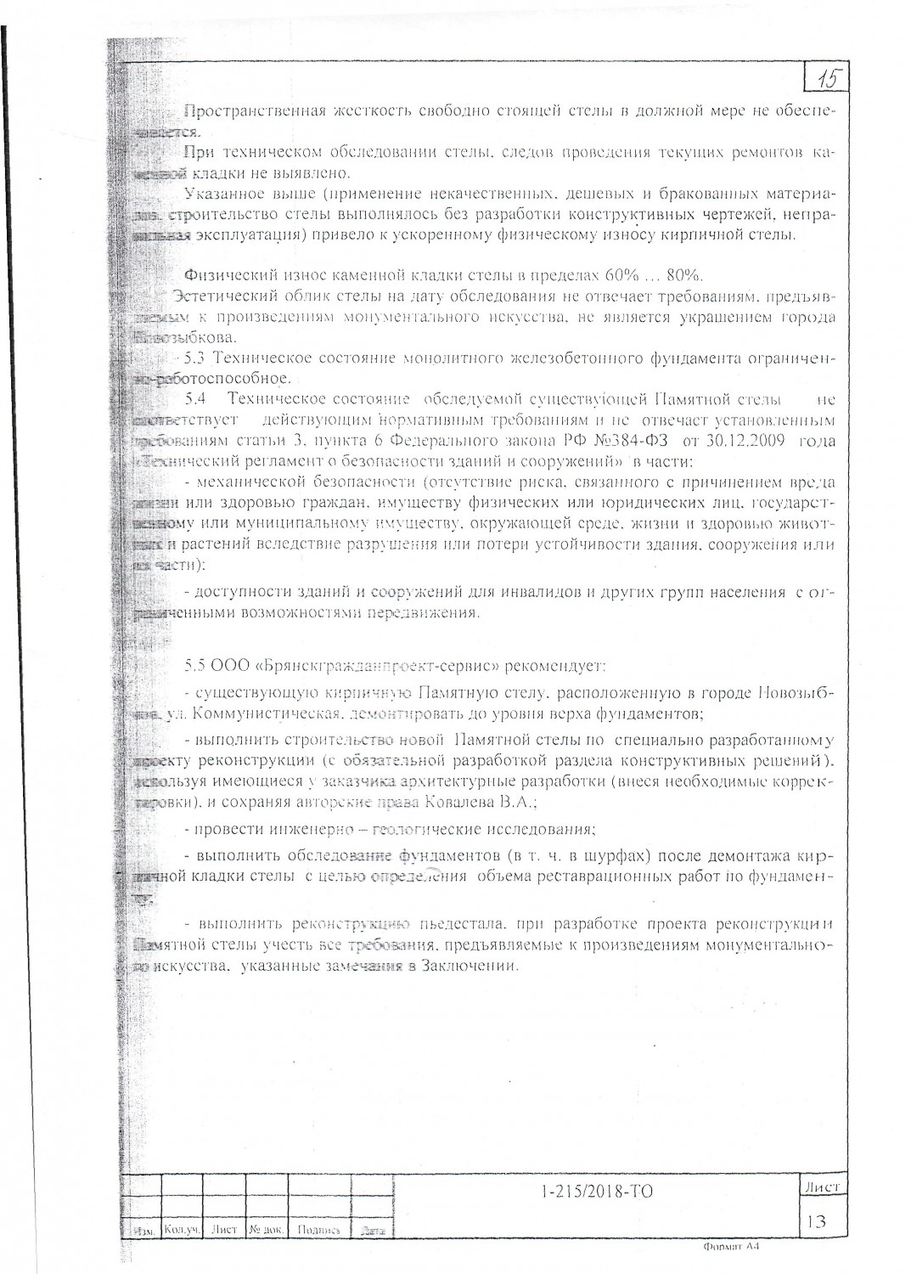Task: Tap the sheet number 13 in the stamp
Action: [x=818, y=1221]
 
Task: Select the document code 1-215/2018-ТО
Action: [x=597, y=1192]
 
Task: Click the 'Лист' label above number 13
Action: [x=821, y=1187]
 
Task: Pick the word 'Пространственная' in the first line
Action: [x=250, y=112]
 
